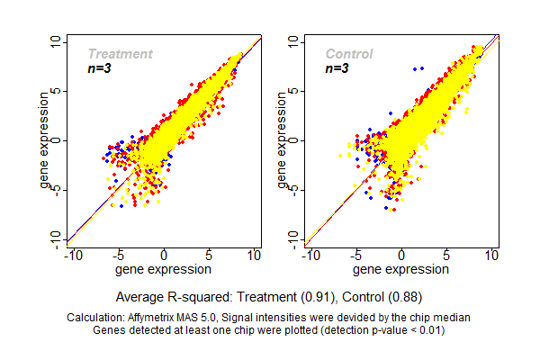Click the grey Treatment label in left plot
[120, 54]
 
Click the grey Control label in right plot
[349, 54]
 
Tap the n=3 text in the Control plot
[338, 68]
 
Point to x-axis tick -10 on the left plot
[72, 256]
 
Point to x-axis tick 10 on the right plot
[491, 256]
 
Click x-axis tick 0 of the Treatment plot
[164, 256]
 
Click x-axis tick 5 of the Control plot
[446, 256]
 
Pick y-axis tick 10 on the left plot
[56, 41]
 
